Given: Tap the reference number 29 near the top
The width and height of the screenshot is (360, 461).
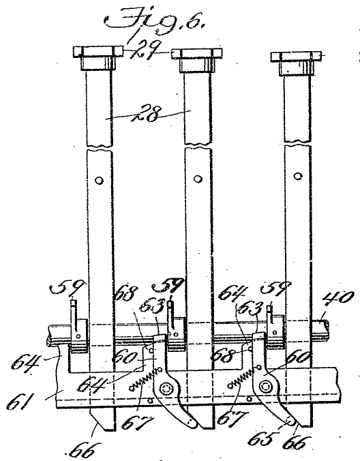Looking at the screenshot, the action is pyautogui.click(x=146, y=50).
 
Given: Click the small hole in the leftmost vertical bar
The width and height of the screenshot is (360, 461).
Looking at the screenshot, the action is pyautogui.click(x=100, y=180).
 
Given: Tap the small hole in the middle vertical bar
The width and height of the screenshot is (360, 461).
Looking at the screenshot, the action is pyautogui.click(x=198, y=179).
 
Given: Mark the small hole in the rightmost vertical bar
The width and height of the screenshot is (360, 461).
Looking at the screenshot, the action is pyautogui.click(x=298, y=176).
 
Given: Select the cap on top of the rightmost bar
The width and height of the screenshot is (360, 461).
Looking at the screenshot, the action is pyautogui.click(x=296, y=63).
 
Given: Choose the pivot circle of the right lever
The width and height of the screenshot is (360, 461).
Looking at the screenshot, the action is pyautogui.click(x=265, y=386).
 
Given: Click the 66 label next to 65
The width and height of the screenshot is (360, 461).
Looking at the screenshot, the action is pyautogui.click(x=296, y=443).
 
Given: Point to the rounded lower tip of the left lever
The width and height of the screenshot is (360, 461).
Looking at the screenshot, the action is pyautogui.click(x=192, y=423).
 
